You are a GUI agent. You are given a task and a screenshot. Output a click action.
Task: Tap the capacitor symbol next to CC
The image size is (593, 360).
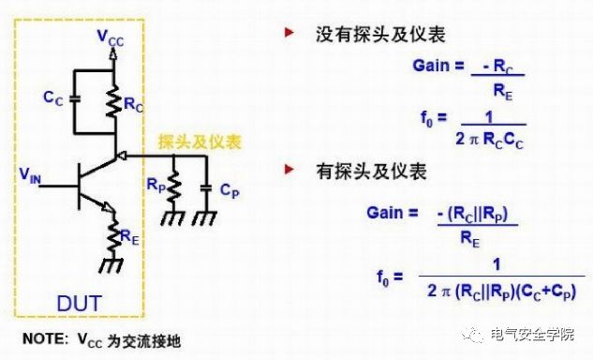pyautogui.click(x=75, y=97)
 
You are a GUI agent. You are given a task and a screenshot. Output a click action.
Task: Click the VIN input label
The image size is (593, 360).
pyautogui.click(x=31, y=174)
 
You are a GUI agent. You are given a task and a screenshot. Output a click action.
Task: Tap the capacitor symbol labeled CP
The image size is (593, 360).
pyautogui.click(x=205, y=190)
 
